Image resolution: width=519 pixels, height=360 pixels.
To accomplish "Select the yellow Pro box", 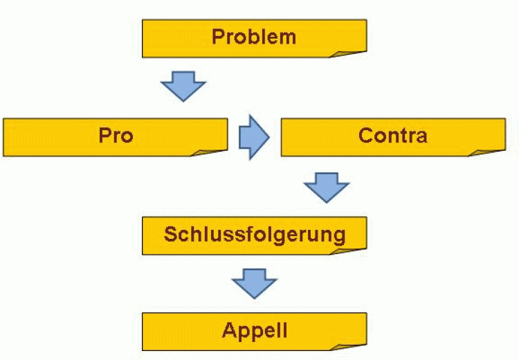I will click(116, 136).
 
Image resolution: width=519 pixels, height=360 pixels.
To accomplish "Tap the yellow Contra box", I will click(392, 136).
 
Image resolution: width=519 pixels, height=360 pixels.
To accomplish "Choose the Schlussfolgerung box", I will click(254, 234).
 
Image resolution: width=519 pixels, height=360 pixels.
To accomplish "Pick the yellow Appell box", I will click(254, 331).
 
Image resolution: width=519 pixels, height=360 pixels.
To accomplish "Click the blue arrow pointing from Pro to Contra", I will click(253, 137).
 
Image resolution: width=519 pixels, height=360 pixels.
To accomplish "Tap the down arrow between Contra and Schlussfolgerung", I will click(326, 186).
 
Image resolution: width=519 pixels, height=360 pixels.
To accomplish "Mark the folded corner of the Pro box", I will click(212, 150).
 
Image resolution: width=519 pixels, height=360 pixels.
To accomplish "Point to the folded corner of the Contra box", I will click(491, 150).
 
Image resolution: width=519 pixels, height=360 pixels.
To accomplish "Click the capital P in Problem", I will click(218, 37).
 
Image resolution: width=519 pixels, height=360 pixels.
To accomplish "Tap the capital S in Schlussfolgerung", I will click(170, 234).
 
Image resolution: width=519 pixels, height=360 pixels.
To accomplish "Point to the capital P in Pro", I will click(104, 135).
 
